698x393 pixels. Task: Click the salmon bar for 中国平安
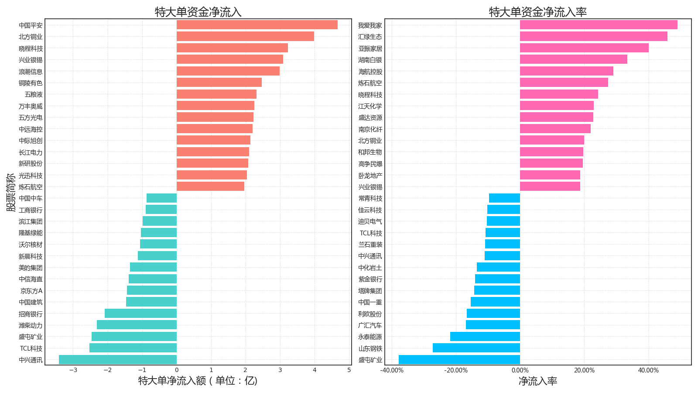(x=257, y=25)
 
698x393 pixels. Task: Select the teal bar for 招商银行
(x=140, y=314)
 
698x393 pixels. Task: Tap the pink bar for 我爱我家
(x=599, y=25)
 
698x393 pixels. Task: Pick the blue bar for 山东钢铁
(x=476, y=348)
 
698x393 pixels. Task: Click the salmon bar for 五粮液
(x=216, y=94)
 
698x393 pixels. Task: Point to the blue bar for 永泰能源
(x=485, y=337)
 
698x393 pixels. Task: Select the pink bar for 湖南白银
(x=574, y=59)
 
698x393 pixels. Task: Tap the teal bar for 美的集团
(x=153, y=267)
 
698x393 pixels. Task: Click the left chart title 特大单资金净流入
(x=198, y=12)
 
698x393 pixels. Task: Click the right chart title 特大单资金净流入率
(x=538, y=12)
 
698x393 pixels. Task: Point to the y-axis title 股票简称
(x=11, y=192)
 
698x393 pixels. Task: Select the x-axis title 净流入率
(x=538, y=381)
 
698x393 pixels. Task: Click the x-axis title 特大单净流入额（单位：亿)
(x=198, y=381)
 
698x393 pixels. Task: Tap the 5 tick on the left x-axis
(x=349, y=370)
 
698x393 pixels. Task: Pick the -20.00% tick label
(x=456, y=370)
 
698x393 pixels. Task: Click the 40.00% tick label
(x=648, y=370)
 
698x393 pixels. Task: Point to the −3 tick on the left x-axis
(x=73, y=370)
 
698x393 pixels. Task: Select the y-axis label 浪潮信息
(x=31, y=72)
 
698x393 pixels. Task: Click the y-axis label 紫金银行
(x=370, y=279)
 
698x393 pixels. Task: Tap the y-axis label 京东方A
(x=31, y=291)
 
